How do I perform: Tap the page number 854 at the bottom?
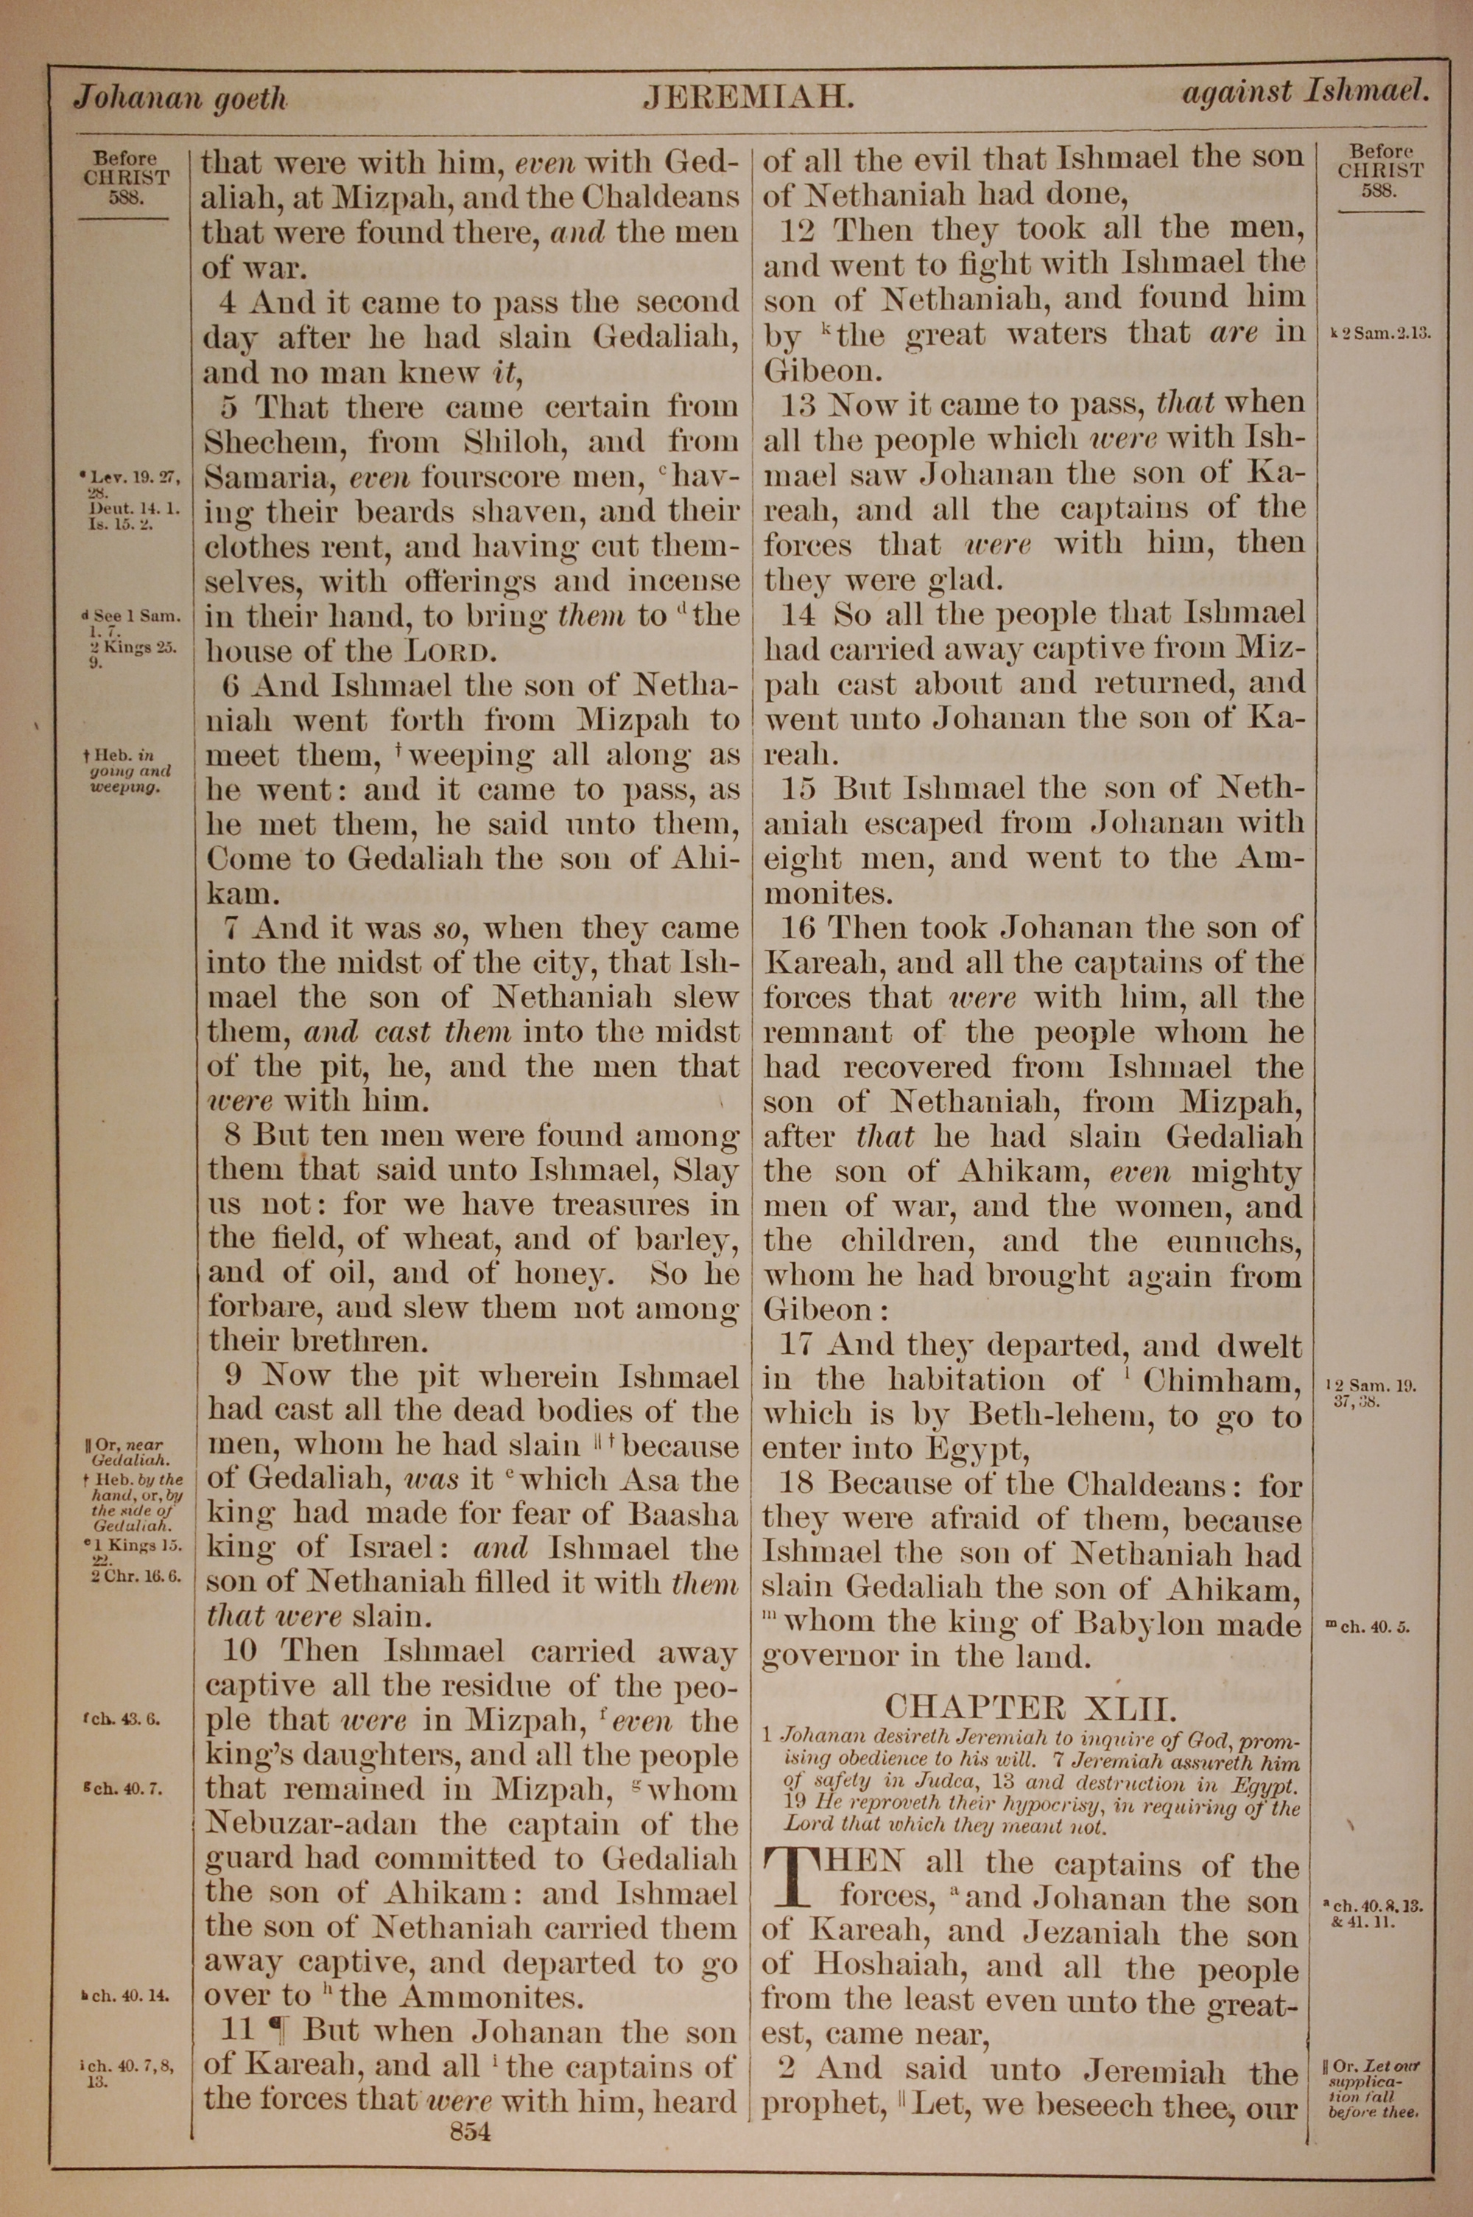(x=471, y=2105)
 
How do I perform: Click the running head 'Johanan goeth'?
(x=180, y=99)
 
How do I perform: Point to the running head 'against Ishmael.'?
(x=1306, y=92)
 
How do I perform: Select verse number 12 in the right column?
(x=801, y=229)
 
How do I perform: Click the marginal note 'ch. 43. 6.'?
(x=122, y=1721)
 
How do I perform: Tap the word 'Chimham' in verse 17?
(x=1221, y=1380)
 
